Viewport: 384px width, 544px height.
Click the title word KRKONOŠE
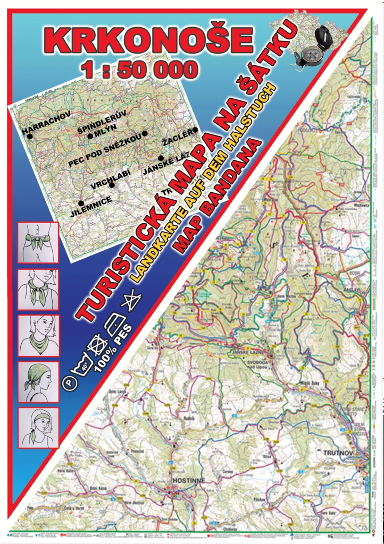point(148,40)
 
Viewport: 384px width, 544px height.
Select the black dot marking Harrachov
point(30,137)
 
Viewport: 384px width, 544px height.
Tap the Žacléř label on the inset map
point(176,141)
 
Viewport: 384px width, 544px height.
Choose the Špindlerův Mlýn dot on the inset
point(90,135)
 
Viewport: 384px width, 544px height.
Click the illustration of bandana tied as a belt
point(38,242)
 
